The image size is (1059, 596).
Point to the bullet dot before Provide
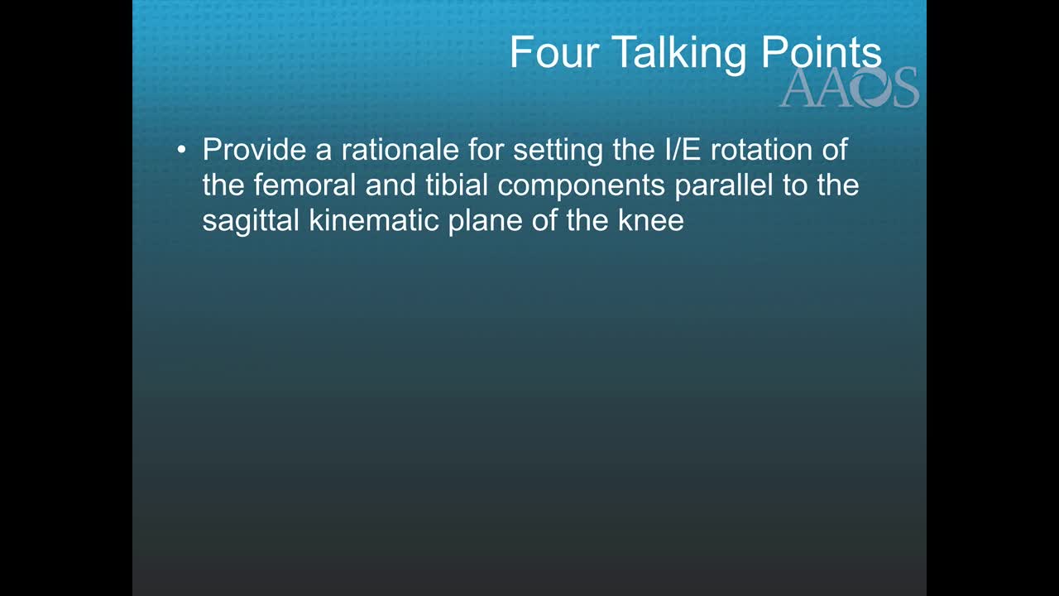click(181, 151)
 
